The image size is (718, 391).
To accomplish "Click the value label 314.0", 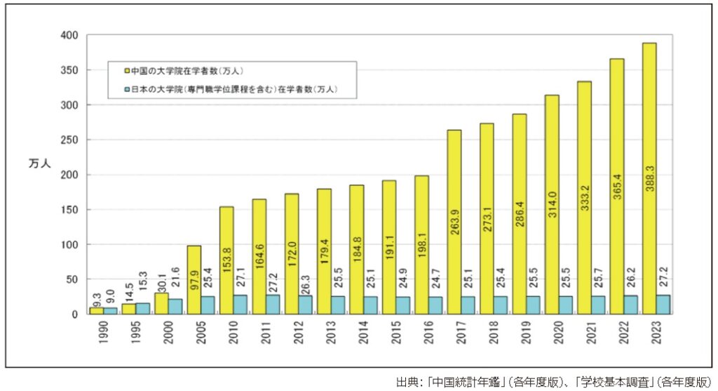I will tap(553, 208).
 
